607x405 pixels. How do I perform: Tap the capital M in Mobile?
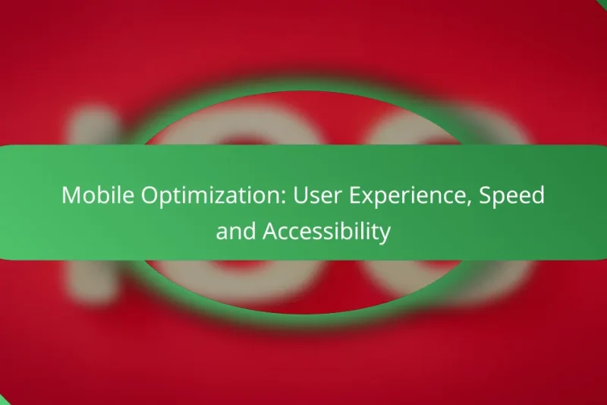pyautogui.click(x=71, y=195)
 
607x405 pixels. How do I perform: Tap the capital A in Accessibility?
pyautogui.click(x=270, y=231)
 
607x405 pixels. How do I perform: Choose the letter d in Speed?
pyautogui.click(x=539, y=195)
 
